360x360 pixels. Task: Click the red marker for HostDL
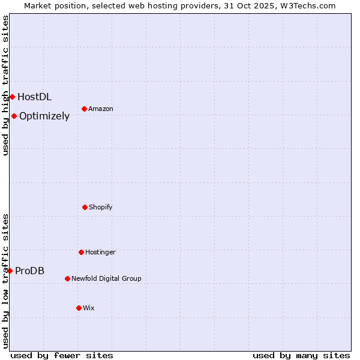point(12,97)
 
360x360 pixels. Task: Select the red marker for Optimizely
point(14,116)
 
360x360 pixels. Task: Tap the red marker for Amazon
point(84,109)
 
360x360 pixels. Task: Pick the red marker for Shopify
point(85,207)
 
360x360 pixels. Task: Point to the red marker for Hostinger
point(81,252)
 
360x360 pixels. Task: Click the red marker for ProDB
point(10,271)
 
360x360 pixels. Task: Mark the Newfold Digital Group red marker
point(67,278)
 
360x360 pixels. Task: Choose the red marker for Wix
point(79,308)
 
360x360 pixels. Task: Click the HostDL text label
point(34,97)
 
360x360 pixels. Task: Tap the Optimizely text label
point(44,116)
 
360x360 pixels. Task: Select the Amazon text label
point(101,109)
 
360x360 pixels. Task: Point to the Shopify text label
point(101,207)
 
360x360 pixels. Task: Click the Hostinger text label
point(100,252)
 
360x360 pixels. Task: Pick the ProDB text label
point(29,271)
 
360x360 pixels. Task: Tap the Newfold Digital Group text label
point(106,278)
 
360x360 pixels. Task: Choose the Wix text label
point(89,308)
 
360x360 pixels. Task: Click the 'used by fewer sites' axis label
point(62,355)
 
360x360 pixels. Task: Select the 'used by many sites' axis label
point(301,355)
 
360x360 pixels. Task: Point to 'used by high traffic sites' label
point(5,85)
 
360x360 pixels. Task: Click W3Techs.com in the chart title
point(305,5)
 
